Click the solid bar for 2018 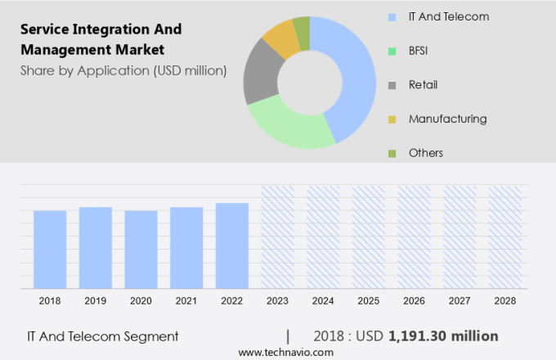pyautogui.click(x=50, y=250)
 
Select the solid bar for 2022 pyautogui.click(x=232, y=245)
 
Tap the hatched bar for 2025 pyautogui.click(x=368, y=237)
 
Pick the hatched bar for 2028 pyautogui.click(x=504, y=237)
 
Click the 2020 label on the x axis pyautogui.click(x=141, y=301)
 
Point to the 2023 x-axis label pyautogui.click(x=277, y=301)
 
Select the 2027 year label pyautogui.click(x=459, y=301)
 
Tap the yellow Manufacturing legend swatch pyautogui.click(x=392, y=119)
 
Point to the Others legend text pyautogui.click(x=426, y=153)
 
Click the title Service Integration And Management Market pyautogui.click(x=101, y=39)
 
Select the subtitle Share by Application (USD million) pyautogui.click(x=123, y=70)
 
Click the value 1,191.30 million pyautogui.click(x=443, y=335)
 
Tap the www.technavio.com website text pyautogui.click(x=285, y=352)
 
